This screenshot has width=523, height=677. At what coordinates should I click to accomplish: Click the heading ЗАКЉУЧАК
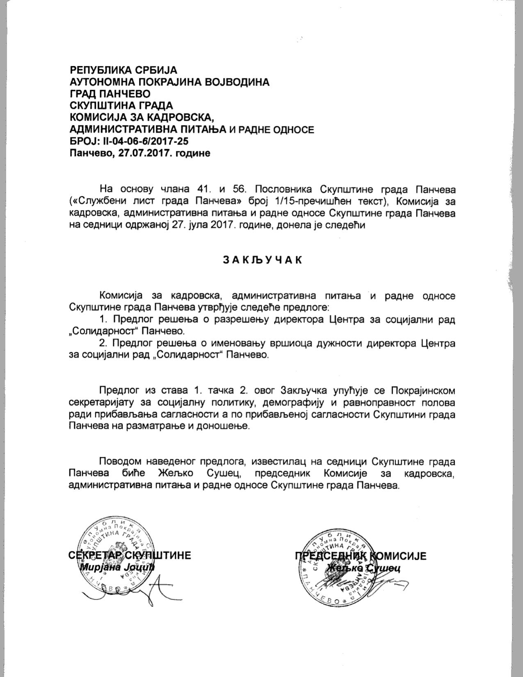coord(262,260)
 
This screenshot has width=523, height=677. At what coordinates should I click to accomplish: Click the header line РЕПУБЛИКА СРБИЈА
coord(123,70)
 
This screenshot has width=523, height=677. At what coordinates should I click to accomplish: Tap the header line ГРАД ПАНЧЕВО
coord(110,94)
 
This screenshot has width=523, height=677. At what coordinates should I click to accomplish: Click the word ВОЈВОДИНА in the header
coord(237,82)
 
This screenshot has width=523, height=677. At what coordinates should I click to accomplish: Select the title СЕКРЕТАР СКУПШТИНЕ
coord(130,555)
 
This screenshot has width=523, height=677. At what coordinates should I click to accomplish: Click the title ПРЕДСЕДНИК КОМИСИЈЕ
coord(361,556)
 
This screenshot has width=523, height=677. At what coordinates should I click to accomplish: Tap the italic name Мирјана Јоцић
coord(117,568)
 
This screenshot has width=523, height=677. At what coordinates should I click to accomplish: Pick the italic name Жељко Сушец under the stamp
coord(363,568)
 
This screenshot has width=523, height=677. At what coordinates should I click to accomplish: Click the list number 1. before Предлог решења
coord(104,319)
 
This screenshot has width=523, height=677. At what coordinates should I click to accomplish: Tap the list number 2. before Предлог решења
coord(104,343)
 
